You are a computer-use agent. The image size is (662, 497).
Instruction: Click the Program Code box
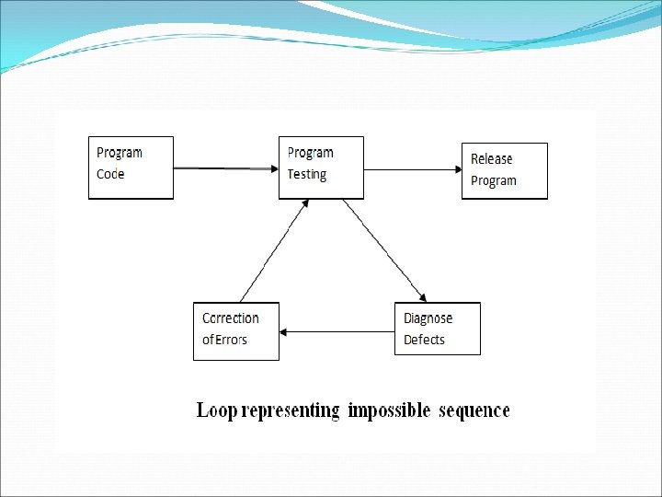pos(131,168)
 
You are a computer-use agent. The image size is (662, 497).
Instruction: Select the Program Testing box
pos(321,168)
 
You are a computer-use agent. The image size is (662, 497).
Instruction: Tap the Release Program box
pos(504,171)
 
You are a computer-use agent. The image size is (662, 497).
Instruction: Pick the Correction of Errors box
pos(235,330)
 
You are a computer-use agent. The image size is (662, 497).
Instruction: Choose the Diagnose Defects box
pos(437,329)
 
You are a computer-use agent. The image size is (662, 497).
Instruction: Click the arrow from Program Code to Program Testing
pos(225,168)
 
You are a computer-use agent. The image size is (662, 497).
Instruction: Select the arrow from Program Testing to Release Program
pos(412,168)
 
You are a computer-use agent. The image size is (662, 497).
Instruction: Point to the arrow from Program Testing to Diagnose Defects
pos(384,250)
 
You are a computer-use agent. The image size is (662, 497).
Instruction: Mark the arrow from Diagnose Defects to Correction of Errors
pos(337,330)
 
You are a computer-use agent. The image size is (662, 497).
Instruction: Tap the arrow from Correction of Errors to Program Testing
pos(274,251)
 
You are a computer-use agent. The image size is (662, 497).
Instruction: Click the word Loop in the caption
pos(216,410)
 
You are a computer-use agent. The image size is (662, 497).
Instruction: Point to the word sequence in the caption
pos(474,410)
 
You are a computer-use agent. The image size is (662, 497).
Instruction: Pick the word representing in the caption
pos(292,410)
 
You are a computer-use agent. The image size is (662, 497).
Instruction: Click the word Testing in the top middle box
pos(307,175)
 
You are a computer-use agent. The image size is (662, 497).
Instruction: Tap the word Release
pos(492,159)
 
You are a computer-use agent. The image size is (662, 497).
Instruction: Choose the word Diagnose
pos(428,318)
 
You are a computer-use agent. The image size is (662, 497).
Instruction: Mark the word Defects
pos(424,340)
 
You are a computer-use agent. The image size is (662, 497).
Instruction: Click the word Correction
pos(231,318)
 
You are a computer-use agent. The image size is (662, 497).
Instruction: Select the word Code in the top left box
pos(110,175)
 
